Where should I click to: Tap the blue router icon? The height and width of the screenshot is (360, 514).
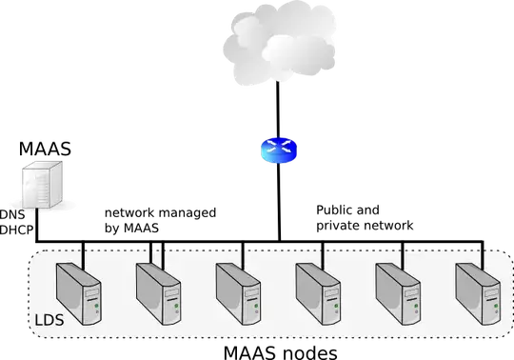[278, 150]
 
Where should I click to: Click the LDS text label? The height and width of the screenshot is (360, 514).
[49, 320]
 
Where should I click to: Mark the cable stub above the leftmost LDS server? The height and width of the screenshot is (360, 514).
[84, 253]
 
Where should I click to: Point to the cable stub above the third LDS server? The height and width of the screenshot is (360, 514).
[244, 253]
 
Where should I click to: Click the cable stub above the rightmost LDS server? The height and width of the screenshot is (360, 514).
[484, 253]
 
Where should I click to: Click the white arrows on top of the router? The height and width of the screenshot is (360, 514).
[278, 145]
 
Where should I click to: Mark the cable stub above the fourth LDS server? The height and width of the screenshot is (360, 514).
[324, 253]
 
